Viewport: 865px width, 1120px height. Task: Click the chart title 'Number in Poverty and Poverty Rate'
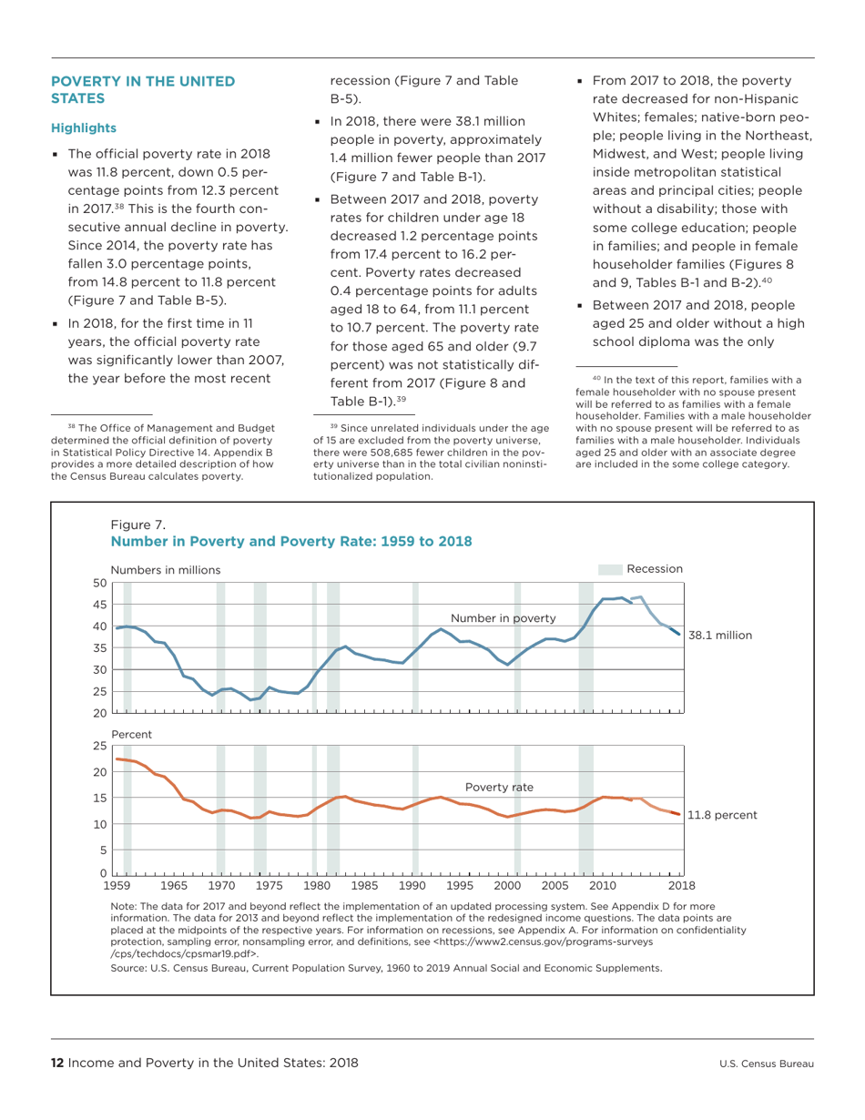click(x=290, y=542)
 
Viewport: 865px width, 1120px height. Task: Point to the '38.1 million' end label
click(x=720, y=635)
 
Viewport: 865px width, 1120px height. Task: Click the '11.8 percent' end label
click(x=722, y=815)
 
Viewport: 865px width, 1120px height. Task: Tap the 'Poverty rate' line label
click(x=498, y=786)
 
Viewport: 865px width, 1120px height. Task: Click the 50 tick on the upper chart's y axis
click(x=100, y=583)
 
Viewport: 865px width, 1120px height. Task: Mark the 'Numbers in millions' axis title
click(x=166, y=569)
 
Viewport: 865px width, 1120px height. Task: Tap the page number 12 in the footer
click(x=56, y=1063)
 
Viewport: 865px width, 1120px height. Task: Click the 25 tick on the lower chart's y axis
click(x=100, y=746)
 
